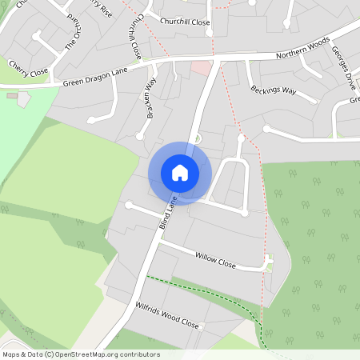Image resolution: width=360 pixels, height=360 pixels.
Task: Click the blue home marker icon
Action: click(180, 173)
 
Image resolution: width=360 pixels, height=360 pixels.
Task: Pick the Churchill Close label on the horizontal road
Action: click(185, 22)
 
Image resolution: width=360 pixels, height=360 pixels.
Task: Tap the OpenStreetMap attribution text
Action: click(81, 354)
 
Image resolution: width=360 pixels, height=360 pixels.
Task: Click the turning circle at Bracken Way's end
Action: click(91, 121)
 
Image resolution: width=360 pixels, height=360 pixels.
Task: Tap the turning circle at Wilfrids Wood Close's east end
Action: click(203, 327)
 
